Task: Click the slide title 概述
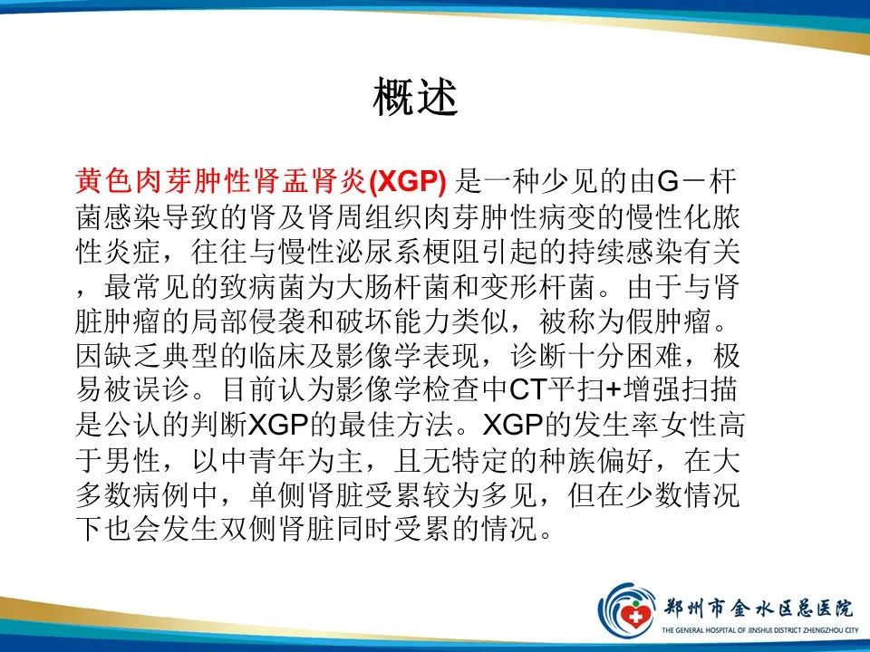(416, 97)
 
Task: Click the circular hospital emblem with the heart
(628, 607)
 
